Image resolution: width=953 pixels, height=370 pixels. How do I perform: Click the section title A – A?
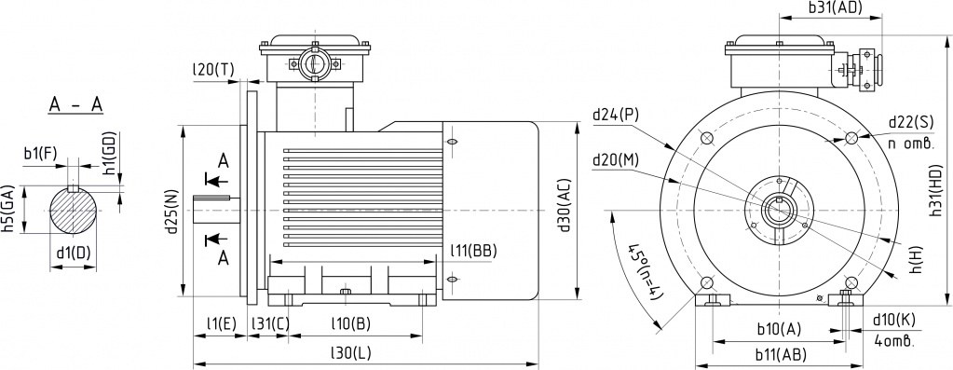click(x=76, y=105)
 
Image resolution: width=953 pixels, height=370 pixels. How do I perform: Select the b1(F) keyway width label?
click(x=41, y=153)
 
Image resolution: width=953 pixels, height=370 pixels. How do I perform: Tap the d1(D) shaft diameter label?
click(x=73, y=254)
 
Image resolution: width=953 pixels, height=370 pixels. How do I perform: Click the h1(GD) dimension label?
click(x=109, y=154)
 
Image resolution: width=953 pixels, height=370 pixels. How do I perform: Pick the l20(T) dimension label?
click(x=212, y=70)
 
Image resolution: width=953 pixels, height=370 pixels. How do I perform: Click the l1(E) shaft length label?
click(x=221, y=323)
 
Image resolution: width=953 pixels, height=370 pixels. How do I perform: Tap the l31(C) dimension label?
click(x=270, y=323)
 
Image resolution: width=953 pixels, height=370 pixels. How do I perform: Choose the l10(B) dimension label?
click(x=350, y=323)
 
